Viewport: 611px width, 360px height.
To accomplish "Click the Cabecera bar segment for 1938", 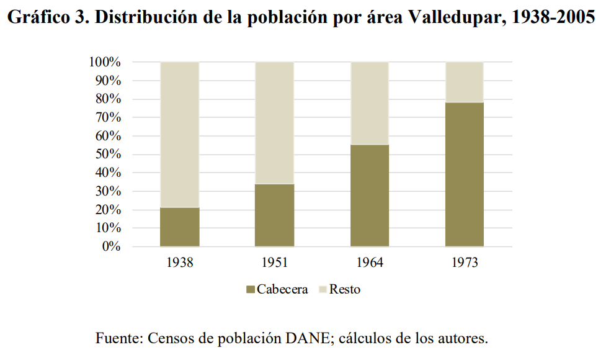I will tap(180, 227).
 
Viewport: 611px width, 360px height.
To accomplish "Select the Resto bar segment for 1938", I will tap(180, 135).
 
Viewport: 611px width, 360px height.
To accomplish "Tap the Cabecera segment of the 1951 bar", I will tap(275, 215).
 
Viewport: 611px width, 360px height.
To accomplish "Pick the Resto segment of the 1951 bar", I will tap(275, 123).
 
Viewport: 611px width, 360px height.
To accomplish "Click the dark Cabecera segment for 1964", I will tap(370, 196).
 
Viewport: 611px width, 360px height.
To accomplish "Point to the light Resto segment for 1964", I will tap(370, 103).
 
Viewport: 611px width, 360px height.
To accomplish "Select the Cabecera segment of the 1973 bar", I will tap(465, 174).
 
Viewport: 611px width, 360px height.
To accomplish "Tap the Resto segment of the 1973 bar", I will tap(465, 82).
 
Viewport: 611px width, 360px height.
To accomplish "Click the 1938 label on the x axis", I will tap(180, 263).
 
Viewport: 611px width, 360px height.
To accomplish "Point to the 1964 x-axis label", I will tap(370, 263).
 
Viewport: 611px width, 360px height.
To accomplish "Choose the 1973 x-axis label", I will tap(465, 263).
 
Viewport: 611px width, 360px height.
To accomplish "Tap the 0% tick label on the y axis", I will tap(110, 247).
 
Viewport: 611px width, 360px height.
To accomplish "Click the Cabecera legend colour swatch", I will tap(251, 290).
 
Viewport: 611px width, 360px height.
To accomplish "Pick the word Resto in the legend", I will tap(344, 290).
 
